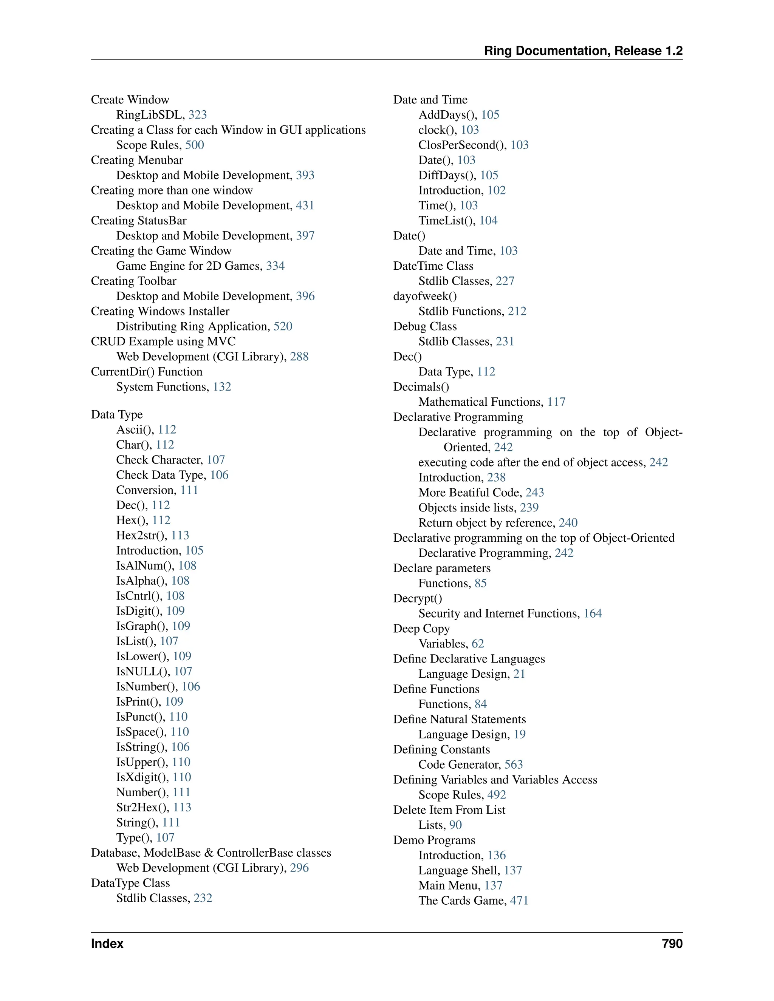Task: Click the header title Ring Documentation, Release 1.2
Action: coord(583,51)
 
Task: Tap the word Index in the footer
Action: coord(107,944)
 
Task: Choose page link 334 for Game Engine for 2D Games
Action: coord(275,266)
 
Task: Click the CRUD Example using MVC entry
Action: coord(163,341)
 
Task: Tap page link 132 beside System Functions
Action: coord(222,387)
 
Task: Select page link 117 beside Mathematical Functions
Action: coord(556,402)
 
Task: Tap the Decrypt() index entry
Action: coord(417,599)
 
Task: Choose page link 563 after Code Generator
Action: coord(514,765)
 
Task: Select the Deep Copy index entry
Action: coord(421,629)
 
